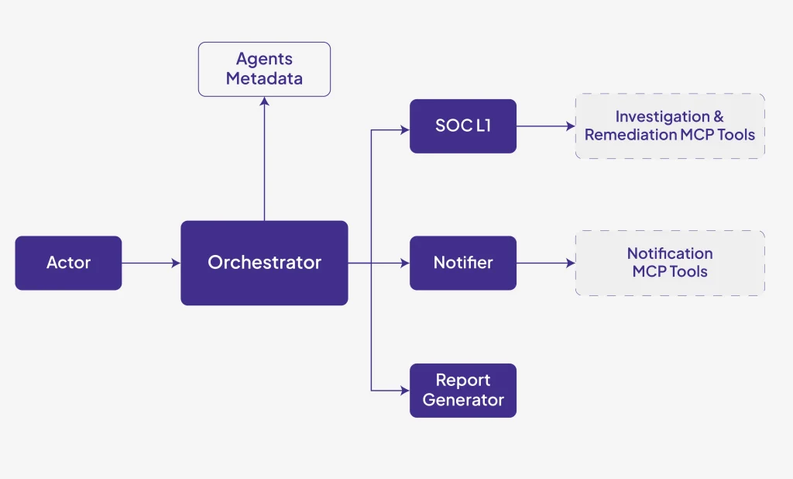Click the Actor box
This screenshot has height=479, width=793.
point(68,263)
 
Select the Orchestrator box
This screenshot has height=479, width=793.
point(264,263)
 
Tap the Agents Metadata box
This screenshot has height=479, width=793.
point(264,69)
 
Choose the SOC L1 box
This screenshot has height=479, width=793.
point(462,126)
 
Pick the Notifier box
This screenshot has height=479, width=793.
point(462,263)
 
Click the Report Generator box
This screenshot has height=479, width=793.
point(462,391)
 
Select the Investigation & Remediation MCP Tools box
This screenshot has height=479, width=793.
point(670,126)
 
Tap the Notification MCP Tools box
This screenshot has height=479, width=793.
point(670,263)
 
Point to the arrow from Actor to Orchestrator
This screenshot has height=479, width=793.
point(151,263)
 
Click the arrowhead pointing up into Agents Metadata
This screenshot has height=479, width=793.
point(264,102)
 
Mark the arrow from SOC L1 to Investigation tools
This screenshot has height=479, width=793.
point(545,126)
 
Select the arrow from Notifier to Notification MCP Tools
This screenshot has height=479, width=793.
point(545,263)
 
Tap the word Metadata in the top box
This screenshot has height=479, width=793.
point(264,79)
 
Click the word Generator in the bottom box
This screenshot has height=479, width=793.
point(463,401)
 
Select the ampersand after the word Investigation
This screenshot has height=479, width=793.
point(717,117)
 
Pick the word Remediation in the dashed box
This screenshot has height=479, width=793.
point(630,135)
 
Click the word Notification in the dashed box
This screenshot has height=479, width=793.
point(670,253)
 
